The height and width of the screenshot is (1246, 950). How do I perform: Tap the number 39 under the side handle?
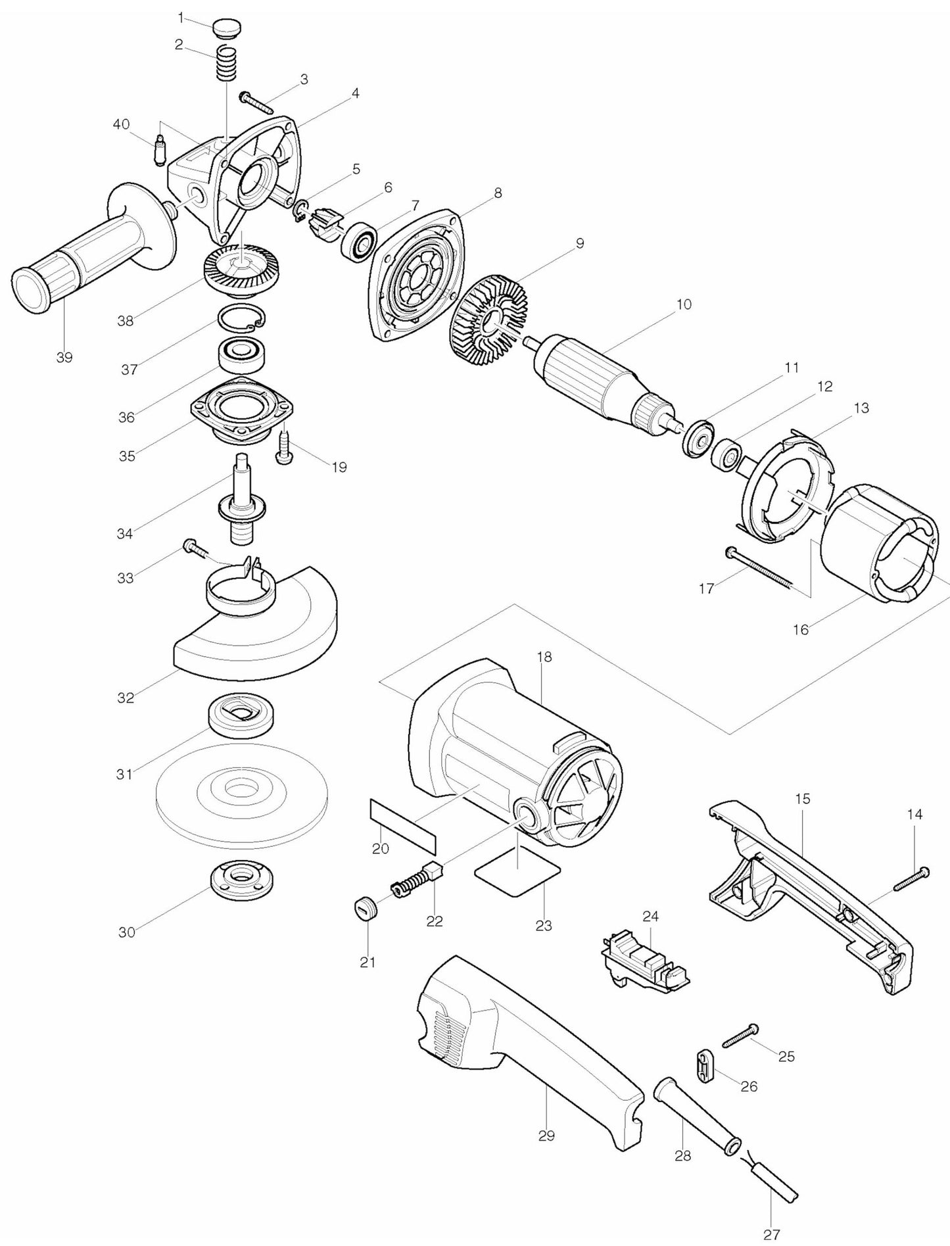pyautogui.click(x=64, y=358)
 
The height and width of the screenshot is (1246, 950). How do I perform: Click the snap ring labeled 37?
pyautogui.click(x=241, y=319)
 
